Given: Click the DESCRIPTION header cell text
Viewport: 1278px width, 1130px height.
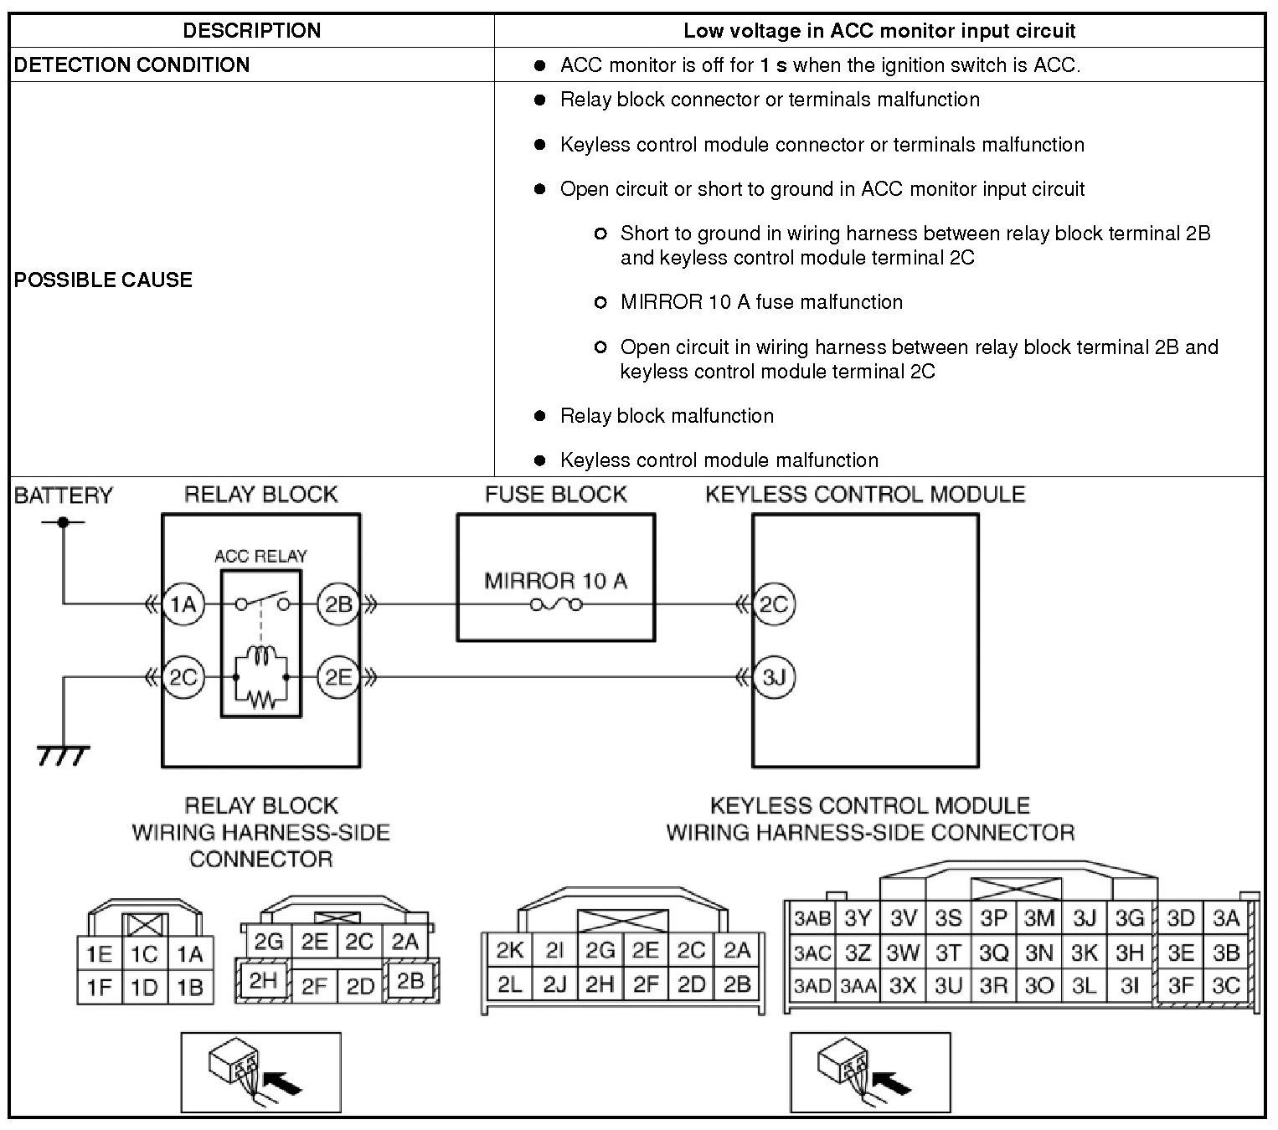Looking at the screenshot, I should pyautogui.click(x=251, y=31).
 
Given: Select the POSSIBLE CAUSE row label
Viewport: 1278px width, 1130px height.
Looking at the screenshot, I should pyautogui.click(x=103, y=280).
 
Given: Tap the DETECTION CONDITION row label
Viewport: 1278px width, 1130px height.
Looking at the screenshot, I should pyautogui.click(x=131, y=65).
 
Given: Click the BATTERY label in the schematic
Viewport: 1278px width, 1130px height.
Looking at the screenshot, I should pyautogui.click(x=63, y=496).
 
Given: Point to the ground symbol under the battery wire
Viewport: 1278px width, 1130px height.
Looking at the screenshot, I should pyautogui.click(x=63, y=755).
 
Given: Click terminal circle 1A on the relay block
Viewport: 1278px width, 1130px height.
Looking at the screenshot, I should pyautogui.click(x=183, y=604).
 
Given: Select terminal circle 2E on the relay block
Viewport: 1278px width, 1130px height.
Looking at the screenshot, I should pyautogui.click(x=338, y=676).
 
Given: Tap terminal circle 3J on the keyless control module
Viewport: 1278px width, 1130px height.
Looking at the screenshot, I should pyautogui.click(x=773, y=676).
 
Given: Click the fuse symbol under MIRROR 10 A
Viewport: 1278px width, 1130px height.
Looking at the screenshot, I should pyautogui.click(x=555, y=604).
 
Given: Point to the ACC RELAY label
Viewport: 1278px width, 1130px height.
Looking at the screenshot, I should pyautogui.click(x=260, y=556).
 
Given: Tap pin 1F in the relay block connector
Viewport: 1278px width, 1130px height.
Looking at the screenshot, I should pyautogui.click(x=99, y=988).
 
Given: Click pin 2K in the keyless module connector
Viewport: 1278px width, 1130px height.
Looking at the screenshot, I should pyautogui.click(x=509, y=951).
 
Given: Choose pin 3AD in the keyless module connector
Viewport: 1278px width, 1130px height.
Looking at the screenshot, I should pyautogui.click(x=812, y=986).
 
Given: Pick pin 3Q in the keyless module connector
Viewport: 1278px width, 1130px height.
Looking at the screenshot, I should pyautogui.click(x=993, y=953).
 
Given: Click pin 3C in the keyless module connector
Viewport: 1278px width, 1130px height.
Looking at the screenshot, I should pyautogui.click(x=1225, y=986).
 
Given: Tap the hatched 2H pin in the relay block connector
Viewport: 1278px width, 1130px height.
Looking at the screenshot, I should pyautogui.click(x=263, y=980).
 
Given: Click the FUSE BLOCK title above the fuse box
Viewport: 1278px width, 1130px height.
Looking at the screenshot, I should pyautogui.click(x=555, y=495).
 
